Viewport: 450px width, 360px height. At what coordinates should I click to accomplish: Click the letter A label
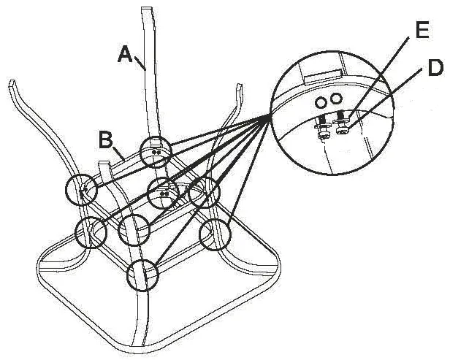point(125,54)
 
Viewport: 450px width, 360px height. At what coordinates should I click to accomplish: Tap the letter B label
point(105,139)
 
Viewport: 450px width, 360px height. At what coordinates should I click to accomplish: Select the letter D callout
point(435,68)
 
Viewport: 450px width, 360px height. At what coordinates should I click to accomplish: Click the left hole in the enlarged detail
point(321,102)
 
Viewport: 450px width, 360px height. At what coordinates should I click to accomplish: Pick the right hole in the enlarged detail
point(336,99)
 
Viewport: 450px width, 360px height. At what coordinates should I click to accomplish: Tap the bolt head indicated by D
point(342,131)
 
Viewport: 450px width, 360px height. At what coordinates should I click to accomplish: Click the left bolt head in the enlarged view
point(324,135)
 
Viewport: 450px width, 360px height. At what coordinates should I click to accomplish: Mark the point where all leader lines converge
point(270,115)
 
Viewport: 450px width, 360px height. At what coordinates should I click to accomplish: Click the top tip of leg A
point(148,9)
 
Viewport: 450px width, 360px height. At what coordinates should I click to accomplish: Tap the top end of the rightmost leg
point(239,85)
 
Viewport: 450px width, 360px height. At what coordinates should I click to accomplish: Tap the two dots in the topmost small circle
point(156,152)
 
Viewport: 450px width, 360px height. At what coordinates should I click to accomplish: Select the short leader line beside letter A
point(140,63)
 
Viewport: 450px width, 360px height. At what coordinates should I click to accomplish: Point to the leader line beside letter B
point(119,154)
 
